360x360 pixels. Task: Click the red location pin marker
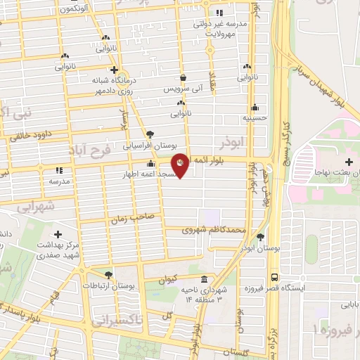pos(181,165)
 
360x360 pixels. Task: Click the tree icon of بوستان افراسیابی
pos(149,134)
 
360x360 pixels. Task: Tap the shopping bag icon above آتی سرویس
pos(183,77)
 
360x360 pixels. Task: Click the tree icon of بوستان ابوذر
pos(261,237)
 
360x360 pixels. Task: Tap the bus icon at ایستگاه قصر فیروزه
pos(274,276)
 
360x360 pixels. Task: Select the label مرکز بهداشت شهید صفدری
pos(58,246)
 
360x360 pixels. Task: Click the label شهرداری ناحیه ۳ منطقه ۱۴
pos(203,295)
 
